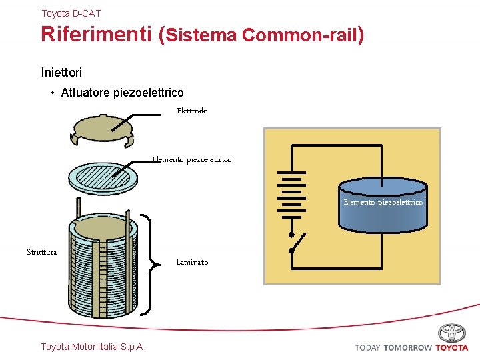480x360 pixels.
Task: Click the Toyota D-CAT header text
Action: click(x=71, y=13)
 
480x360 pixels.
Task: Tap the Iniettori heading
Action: click(x=61, y=71)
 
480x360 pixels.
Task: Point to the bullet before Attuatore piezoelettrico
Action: click(x=53, y=93)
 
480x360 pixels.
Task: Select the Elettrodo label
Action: click(x=192, y=111)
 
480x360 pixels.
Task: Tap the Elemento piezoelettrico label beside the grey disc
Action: click(x=192, y=159)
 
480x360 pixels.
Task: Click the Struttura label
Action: click(x=41, y=252)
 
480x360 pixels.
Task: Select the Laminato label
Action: click(x=192, y=263)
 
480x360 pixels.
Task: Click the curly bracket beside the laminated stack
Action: click(x=157, y=263)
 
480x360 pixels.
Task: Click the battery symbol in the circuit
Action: click(x=291, y=193)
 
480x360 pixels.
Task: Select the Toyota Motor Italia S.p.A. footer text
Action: click(x=93, y=347)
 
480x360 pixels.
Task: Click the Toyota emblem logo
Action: click(x=452, y=333)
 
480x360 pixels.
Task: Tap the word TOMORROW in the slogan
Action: click(x=407, y=347)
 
